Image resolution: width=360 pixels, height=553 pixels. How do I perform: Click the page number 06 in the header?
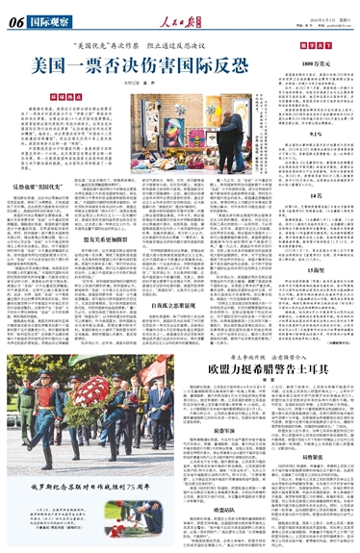coord(15,18)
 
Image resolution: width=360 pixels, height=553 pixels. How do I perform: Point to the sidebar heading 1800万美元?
coord(311,62)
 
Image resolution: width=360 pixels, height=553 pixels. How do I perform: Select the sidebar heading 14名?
coord(311,222)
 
